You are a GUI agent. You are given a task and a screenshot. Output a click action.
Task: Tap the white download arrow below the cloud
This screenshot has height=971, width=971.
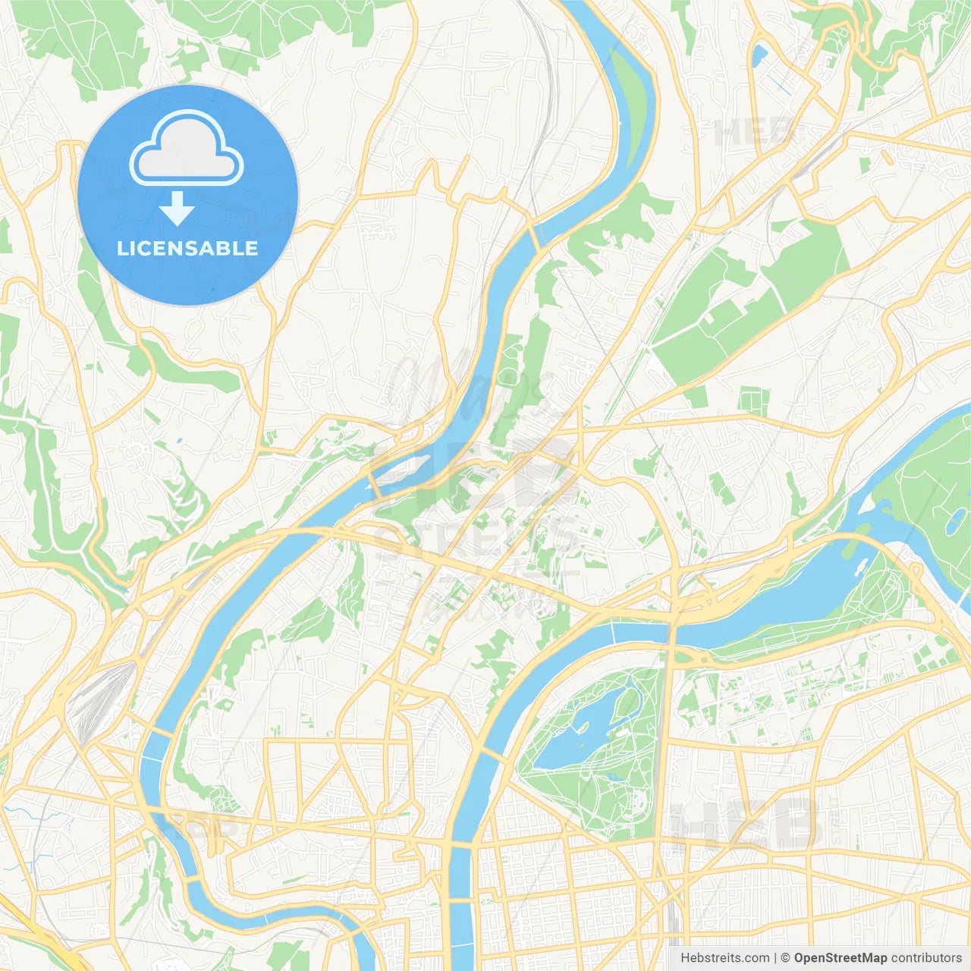(177, 209)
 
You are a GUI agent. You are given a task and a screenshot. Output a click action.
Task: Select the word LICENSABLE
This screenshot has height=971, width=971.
(187, 248)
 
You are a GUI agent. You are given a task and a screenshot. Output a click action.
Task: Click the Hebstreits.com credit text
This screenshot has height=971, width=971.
(724, 957)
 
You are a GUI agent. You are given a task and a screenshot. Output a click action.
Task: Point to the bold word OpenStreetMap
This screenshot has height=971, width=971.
(840, 957)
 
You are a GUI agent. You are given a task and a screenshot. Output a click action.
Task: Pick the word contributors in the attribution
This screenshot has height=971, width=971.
(925, 957)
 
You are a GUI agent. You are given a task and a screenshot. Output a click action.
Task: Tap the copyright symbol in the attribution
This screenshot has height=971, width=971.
(785, 957)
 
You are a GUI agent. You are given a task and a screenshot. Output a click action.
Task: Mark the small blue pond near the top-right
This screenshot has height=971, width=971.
(759, 53)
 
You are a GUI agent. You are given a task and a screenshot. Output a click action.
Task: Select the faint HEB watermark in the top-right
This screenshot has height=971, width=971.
(751, 133)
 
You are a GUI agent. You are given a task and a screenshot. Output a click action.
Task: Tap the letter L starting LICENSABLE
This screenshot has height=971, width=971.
(122, 248)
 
